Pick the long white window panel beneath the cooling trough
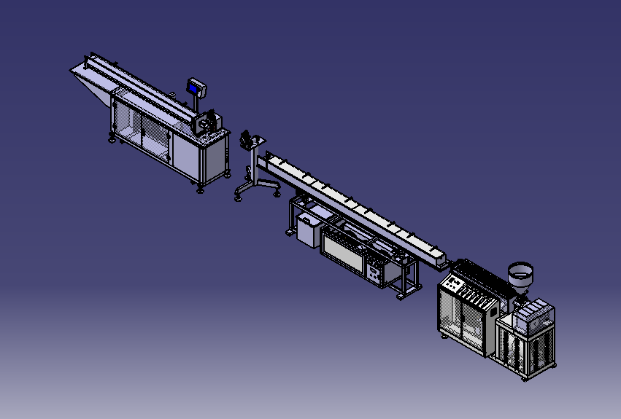(x=344, y=251)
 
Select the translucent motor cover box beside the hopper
(x=533, y=316)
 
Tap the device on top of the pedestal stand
(x=249, y=138)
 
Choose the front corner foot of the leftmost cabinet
(x=200, y=190)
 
